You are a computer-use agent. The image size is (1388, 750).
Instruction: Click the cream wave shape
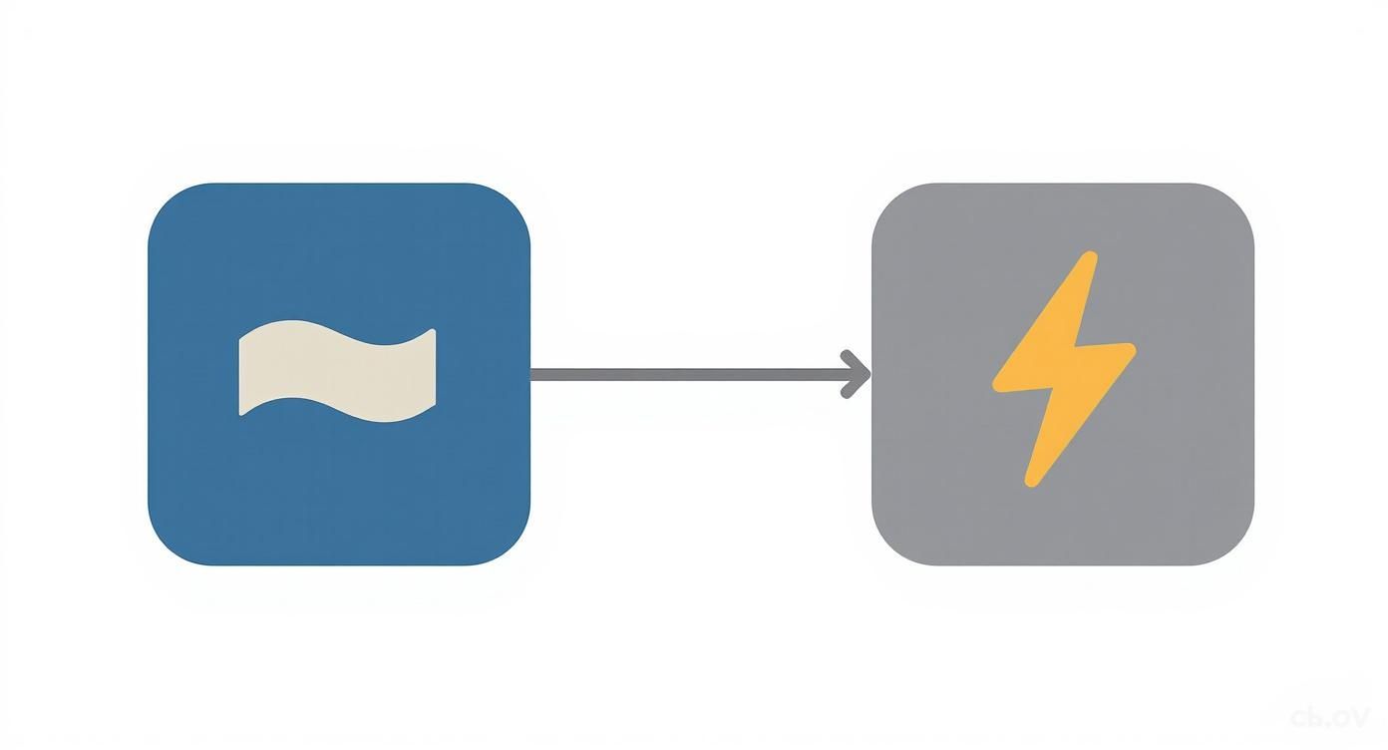pyautogui.click(x=337, y=372)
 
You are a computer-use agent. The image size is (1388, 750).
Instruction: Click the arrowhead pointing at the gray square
pyautogui.click(x=860, y=374)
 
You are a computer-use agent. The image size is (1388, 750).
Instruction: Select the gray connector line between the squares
pyautogui.click(x=688, y=374)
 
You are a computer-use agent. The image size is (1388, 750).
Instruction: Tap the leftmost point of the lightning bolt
pyautogui.click(x=995, y=384)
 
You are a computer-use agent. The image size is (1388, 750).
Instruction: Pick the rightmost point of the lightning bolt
pyautogui.click(x=1133, y=349)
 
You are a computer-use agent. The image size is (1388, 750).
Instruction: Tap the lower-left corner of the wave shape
pyautogui.click(x=242, y=410)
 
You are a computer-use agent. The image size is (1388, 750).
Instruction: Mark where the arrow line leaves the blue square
pyautogui.click(x=531, y=374)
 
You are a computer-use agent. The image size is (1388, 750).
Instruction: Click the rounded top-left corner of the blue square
pyautogui.click(x=166, y=200)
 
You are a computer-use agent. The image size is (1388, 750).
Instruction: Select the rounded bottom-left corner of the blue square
pyautogui.click(x=166, y=548)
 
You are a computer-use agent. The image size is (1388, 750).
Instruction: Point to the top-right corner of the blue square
pyautogui.click(x=514, y=200)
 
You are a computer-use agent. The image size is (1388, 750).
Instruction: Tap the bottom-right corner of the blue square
pyautogui.click(x=514, y=548)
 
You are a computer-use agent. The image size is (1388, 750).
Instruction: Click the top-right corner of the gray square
pyautogui.click(x=1236, y=200)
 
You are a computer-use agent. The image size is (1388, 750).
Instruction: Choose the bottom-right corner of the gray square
pyautogui.click(x=1236, y=548)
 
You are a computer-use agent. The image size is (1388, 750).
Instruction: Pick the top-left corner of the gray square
pyautogui.click(x=889, y=200)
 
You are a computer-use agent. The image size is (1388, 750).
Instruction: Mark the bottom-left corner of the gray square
pyautogui.click(x=889, y=548)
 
